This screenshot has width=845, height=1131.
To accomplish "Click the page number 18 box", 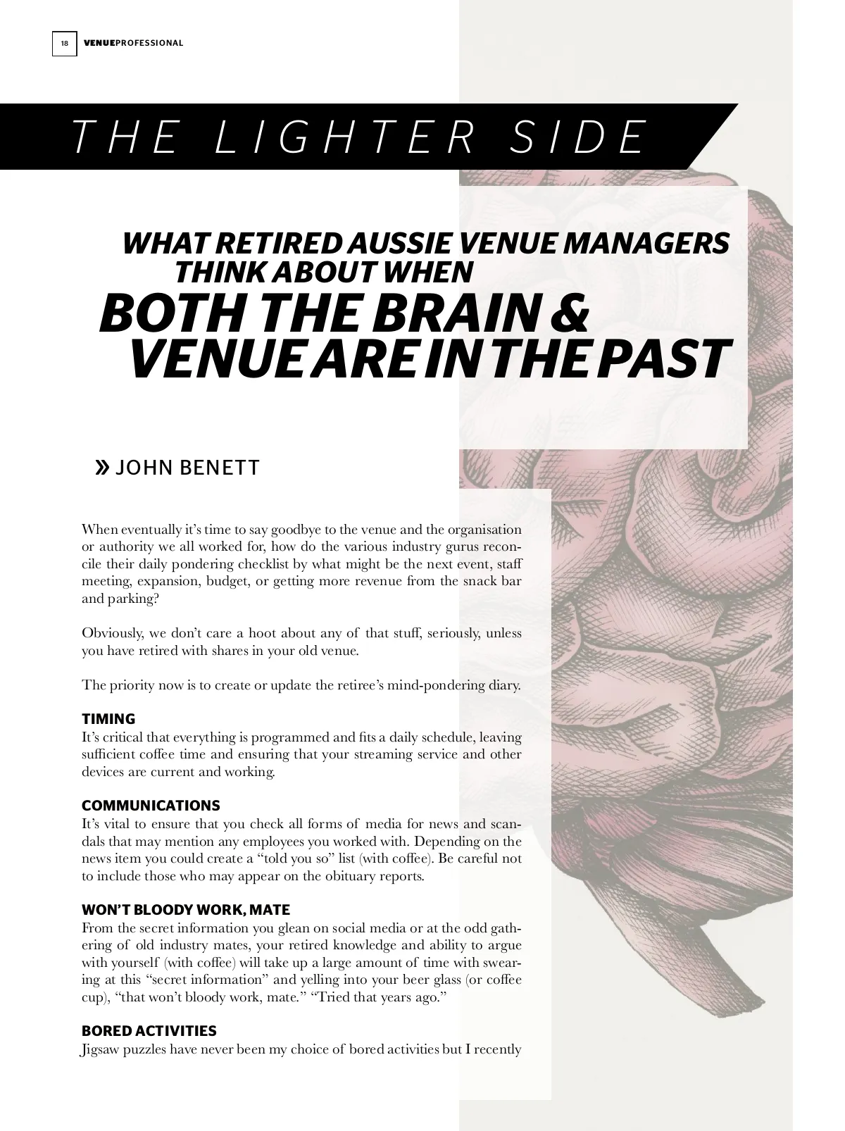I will pyautogui.click(x=64, y=44).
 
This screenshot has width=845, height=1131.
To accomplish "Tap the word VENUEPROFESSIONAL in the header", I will pyautogui.click(x=133, y=44).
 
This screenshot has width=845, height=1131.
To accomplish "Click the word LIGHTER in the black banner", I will pyautogui.click(x=344, y=137).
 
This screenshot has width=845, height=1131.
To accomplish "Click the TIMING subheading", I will pyautogui.click(x=108, y=719).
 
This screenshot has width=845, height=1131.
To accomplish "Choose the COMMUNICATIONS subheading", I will pyautogui.click(x=151, y=806).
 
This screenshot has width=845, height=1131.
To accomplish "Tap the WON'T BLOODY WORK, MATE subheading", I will pyautogui.click(x=186, y=910).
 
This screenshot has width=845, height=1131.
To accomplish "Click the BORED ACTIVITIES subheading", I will pyautogui.click(x=149, y=1031).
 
